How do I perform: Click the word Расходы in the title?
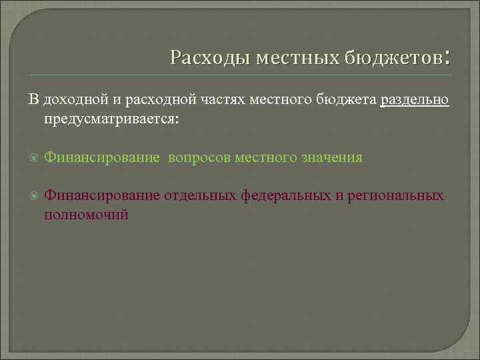(200, 58)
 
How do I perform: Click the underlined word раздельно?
(415, 99)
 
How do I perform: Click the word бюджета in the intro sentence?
(347, 99)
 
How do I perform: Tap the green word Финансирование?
(101, 157)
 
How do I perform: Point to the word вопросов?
(199, 157)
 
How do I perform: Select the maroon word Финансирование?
(101, 195)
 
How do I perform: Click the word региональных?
(401, 195)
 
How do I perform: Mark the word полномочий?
(86, 215)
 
